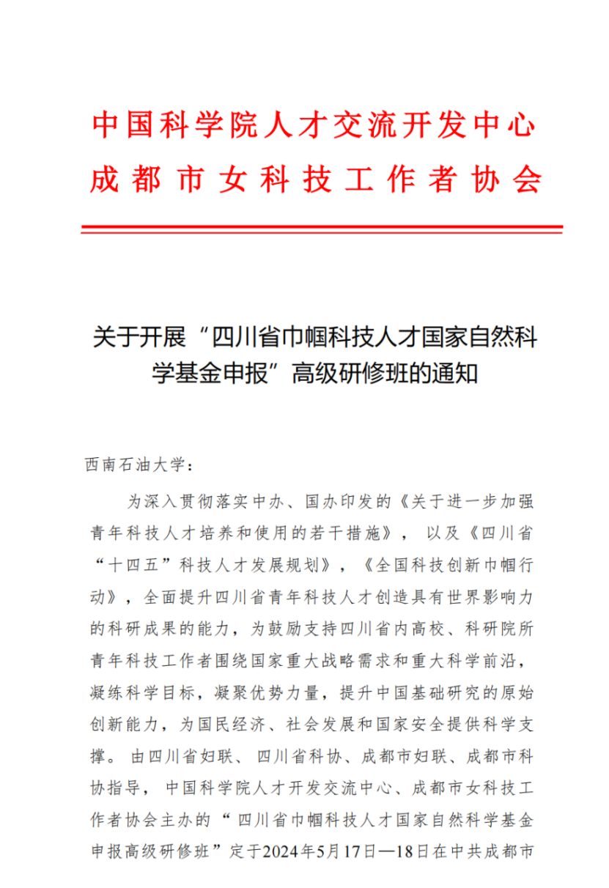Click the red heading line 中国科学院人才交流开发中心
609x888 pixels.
(x=314, y=126)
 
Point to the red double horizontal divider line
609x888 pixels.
(x=322, y=229)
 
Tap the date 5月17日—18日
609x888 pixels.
(x=374, y=852)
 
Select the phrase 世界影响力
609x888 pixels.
(x=489, y=596)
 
